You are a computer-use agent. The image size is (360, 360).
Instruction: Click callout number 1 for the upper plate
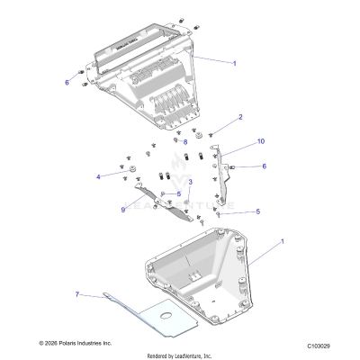pyautogui.click(x=235, y=63)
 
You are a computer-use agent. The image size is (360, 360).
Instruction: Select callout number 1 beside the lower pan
pyautogui.click(x=284, y=242)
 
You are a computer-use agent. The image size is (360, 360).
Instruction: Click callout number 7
pyautogui.click(x=77, y=294)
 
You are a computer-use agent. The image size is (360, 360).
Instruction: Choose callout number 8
pyautogui.click(x=185, y=141)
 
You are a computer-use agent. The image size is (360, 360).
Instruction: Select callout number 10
pyautogui.click(x=261, y=141)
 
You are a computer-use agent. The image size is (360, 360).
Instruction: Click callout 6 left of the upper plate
pyautogui.click(x=67, y=82)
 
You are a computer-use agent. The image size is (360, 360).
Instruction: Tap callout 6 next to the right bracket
pyautogui.click(x=264, y=166)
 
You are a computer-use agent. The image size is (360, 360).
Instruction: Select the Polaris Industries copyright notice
pyautogui.click(x=76, y=344)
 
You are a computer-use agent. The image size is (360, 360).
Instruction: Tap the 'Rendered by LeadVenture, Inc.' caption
pyautogui.click(x=180, y=355)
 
